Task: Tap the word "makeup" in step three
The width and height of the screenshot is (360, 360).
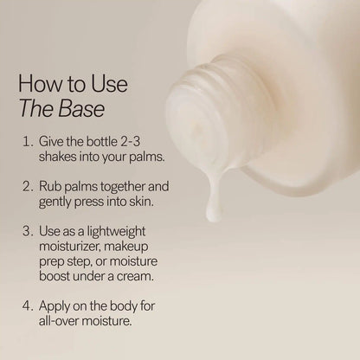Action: click(144, 247)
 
